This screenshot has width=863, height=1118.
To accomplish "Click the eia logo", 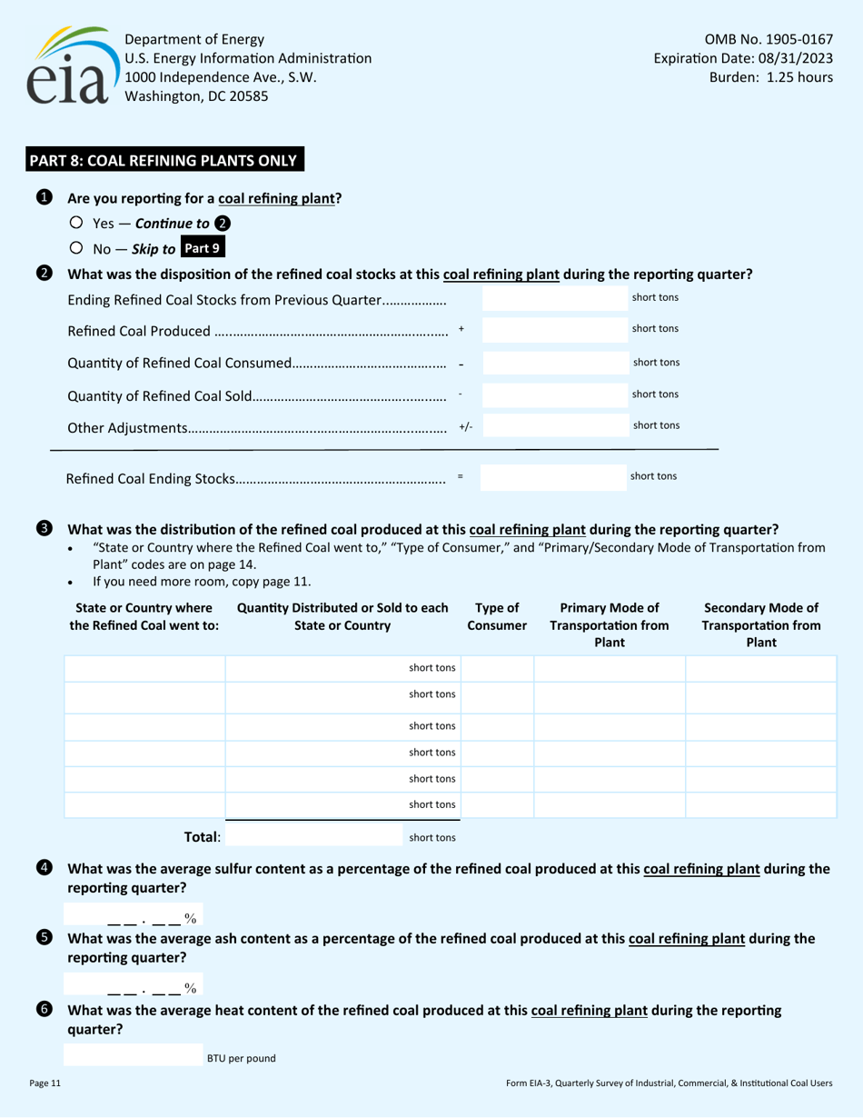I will point(68,66).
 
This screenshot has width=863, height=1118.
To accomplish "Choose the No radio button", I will point(76,247).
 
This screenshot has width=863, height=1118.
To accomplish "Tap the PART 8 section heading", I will point(164,161).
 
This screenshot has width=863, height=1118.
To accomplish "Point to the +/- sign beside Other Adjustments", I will point(465,425).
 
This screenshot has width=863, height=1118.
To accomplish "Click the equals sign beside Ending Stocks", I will point(461,475).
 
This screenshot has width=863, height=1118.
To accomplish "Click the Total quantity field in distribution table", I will point(318,837).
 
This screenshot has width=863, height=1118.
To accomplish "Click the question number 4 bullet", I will point(45,868).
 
